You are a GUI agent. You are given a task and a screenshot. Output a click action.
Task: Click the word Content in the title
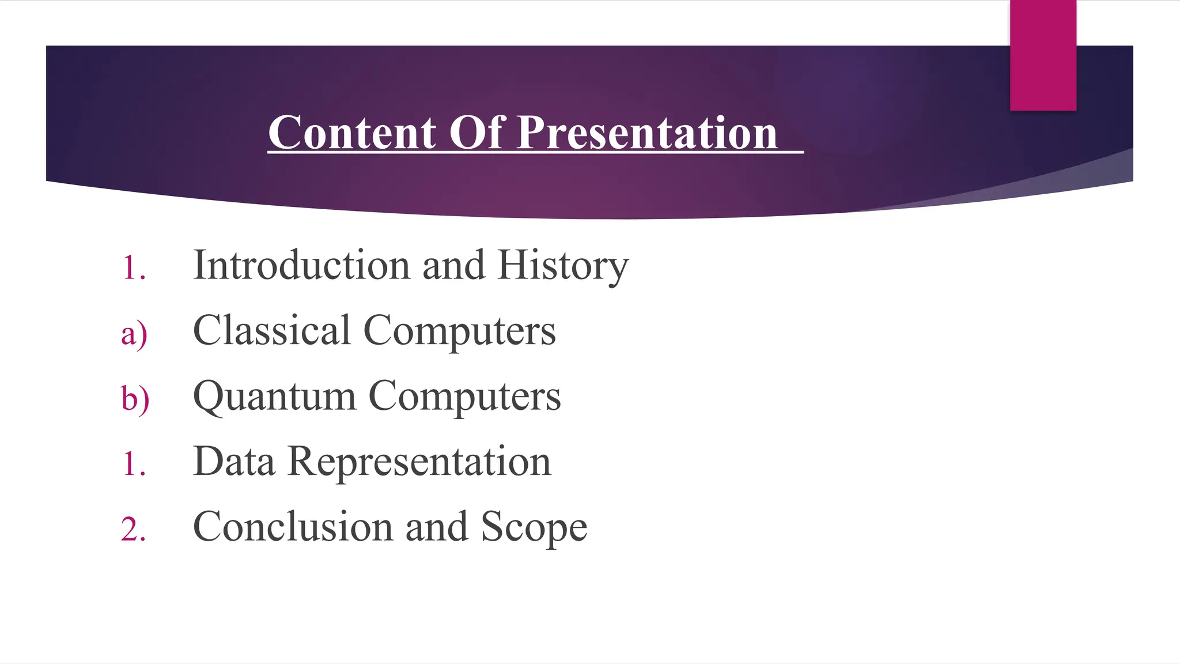[x=352, y=133]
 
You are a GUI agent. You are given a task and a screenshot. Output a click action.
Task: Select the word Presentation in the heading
[x=647, y=133]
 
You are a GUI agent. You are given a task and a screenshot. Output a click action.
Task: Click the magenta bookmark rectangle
[x=1043, y=55]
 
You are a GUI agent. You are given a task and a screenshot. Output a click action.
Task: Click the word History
[x=563, y=266]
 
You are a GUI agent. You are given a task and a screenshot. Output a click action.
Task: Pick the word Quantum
[x=274, y=397]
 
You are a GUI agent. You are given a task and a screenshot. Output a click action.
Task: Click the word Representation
[x=419, y=462]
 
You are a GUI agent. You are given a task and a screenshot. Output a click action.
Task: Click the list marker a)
[x=134, y=334]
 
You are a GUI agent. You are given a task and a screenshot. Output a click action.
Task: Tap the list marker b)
[x=135, y=398]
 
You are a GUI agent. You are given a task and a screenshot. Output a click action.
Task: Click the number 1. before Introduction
[x=134, y=269]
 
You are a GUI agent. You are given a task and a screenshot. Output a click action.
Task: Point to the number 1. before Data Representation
[x=134, y=464]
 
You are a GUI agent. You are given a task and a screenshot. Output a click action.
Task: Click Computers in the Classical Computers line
[x=459, y=331]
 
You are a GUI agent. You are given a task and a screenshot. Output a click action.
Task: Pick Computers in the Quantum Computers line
[x=464, y=397]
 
